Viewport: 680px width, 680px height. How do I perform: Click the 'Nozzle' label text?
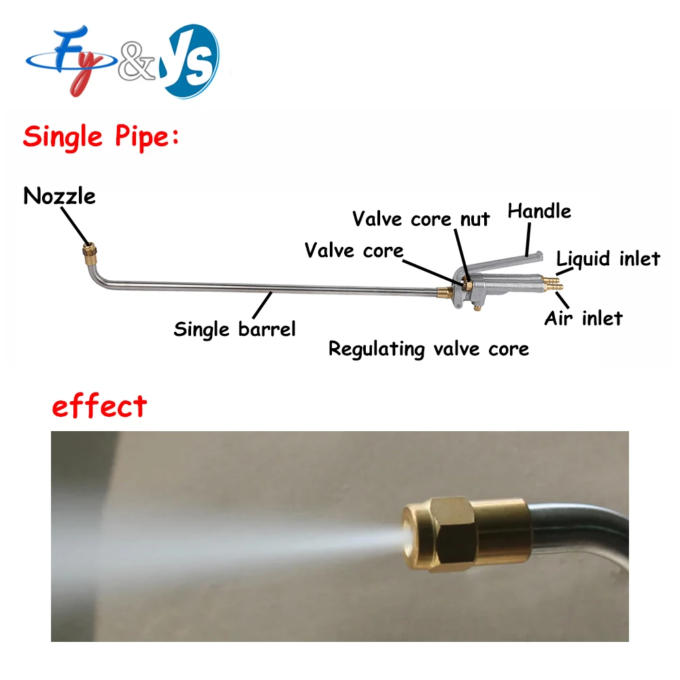click(59, 197)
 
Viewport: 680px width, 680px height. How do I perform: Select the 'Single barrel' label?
click(235, 330)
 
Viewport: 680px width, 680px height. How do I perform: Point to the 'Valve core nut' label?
click(421, 219)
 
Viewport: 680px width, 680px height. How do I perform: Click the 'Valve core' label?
click(354, 250)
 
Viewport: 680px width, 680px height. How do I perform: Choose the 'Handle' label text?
click(539, 211)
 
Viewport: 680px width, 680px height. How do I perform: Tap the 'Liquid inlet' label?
click(608, 258)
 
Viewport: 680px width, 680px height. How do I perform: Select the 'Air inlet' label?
click(583, 318)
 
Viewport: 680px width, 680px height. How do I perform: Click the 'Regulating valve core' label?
click(428, 350)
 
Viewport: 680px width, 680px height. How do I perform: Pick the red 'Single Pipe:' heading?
click(101, 137)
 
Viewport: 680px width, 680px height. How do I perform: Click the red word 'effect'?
click(99, 407)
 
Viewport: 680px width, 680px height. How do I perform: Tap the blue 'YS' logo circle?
click(191, 60)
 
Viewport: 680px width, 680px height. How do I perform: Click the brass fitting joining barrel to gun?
click(444, 293)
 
